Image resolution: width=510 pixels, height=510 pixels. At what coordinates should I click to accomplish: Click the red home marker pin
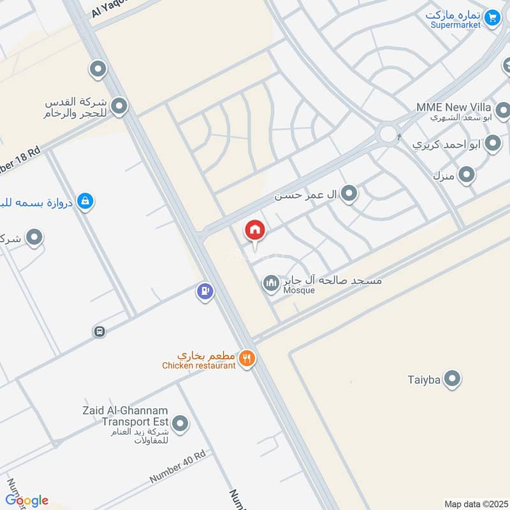(x=255, y=230)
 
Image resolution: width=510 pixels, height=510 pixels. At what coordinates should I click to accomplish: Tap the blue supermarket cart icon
(x=492, y=18)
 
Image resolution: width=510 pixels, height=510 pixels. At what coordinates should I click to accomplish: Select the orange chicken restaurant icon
(x=247, y=360)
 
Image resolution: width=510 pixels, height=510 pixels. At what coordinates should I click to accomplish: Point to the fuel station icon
(x=205, y=292)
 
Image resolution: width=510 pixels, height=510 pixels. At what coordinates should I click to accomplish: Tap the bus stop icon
(x=99, y=331)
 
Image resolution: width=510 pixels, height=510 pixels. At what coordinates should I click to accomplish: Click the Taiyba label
(x=424, y=381)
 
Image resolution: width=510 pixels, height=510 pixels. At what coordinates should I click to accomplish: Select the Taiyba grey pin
(x=452, y=380)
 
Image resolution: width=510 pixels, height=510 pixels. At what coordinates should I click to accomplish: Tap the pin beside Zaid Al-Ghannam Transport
(x=180, y=423)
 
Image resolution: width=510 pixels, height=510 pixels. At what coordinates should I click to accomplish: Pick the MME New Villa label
(x=453, y=107)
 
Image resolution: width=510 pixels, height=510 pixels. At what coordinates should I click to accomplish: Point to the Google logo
(x=27, y=500)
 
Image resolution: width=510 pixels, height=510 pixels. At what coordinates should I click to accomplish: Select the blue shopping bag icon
(x=84, y=202)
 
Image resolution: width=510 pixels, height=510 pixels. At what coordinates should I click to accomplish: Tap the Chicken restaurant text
(x=199, y=365)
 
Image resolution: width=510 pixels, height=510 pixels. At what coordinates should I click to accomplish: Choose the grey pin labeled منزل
(x=467, y=173)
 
